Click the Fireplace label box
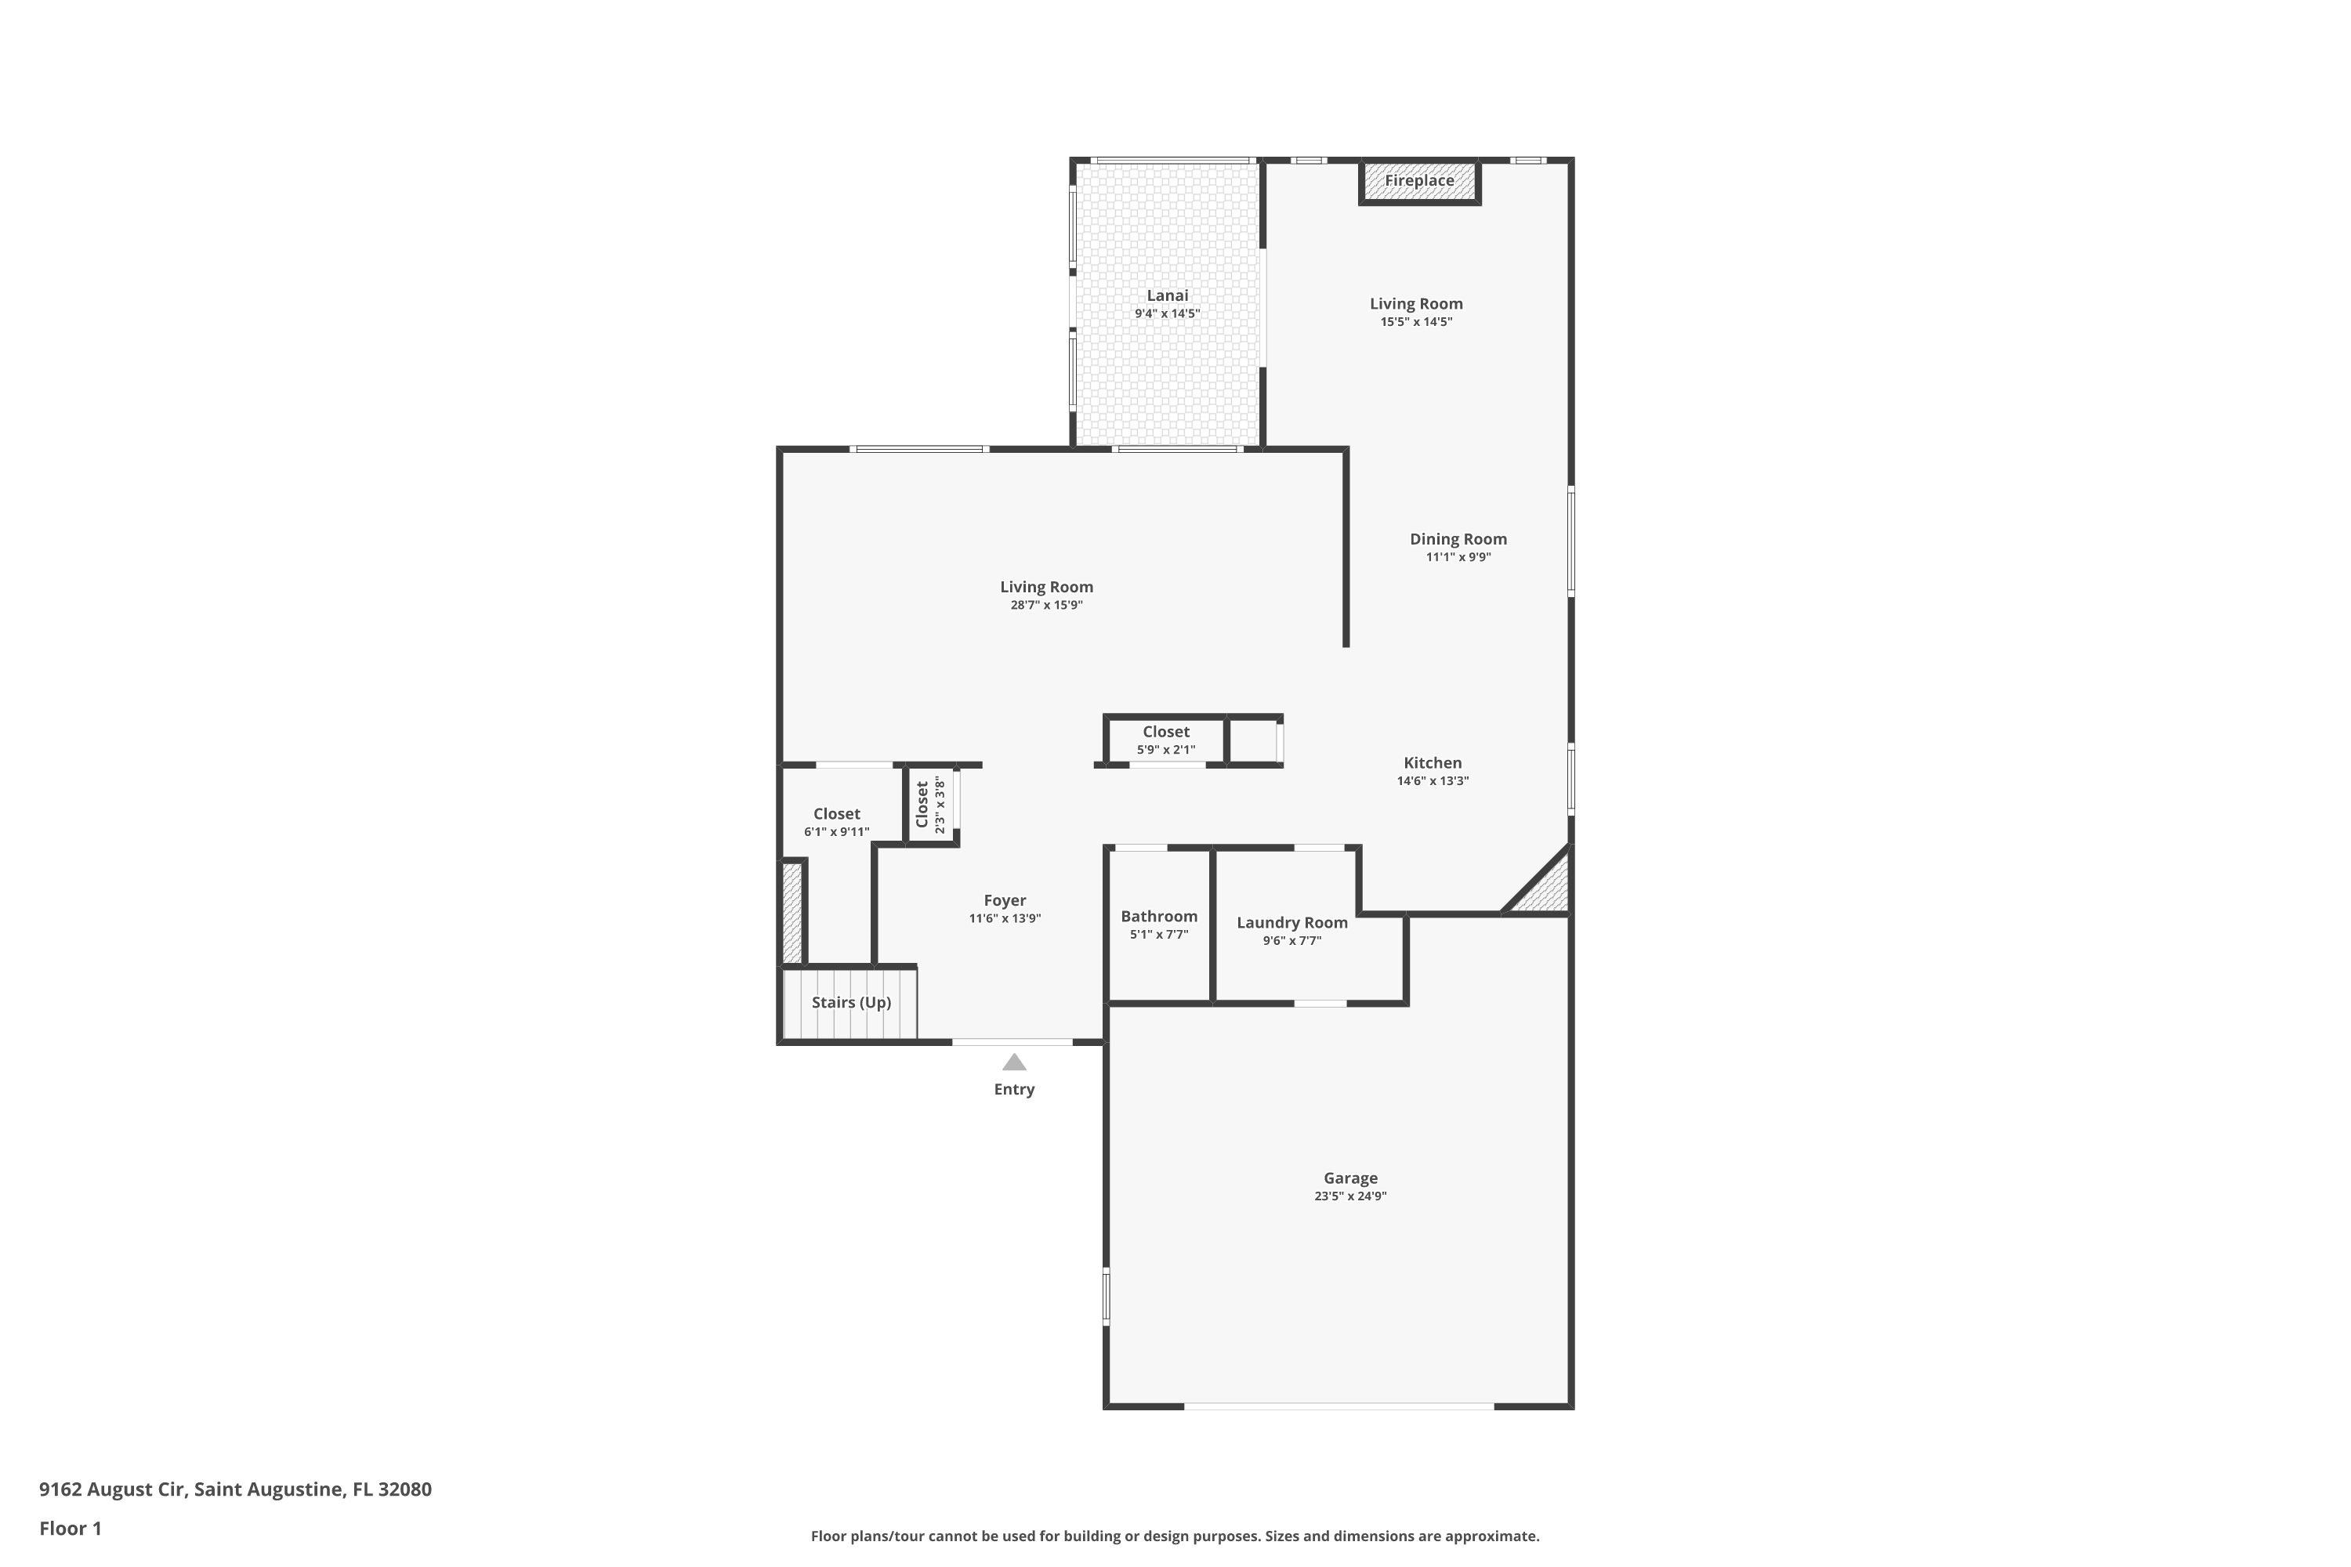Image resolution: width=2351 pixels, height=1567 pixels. [x=1418, y=181]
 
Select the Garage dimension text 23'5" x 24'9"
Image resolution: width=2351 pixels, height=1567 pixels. [x=1350, y=1196]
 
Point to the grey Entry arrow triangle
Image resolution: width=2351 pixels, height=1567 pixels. [x=1013, y=1062]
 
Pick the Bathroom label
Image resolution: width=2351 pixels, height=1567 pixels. [x=1158, y=917]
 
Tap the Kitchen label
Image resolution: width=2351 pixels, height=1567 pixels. [x=1433, y=762]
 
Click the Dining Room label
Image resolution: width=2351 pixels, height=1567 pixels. [x=1458, y=540]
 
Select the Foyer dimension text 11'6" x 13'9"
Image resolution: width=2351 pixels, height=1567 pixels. [x=1005, y=918]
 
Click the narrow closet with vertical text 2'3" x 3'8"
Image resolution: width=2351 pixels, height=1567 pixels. [x=931, y=805]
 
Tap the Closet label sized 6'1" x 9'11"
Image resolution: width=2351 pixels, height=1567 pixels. [x=837, y=813]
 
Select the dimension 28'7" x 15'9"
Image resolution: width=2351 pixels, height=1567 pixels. [x=1046, y=605]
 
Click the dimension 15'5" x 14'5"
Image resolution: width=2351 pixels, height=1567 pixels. [x=1416, y=322]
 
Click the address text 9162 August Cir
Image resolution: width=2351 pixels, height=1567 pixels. [x=112, y=1489]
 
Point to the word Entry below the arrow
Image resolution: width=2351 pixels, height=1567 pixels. [x=1013, y=1089]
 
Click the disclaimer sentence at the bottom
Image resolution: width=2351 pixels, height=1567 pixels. [x=1175, y=1536]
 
